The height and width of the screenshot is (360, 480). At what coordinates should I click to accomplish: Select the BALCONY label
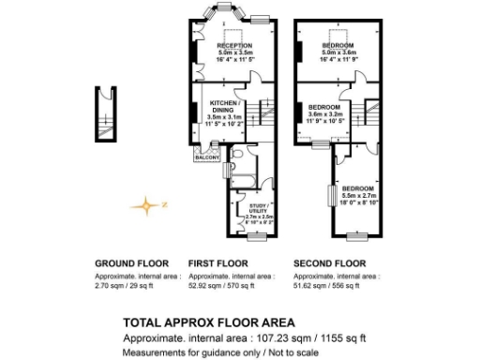click(x=206, y=157)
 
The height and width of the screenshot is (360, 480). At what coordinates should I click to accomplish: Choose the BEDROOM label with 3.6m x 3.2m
click(x=324, y=108)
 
